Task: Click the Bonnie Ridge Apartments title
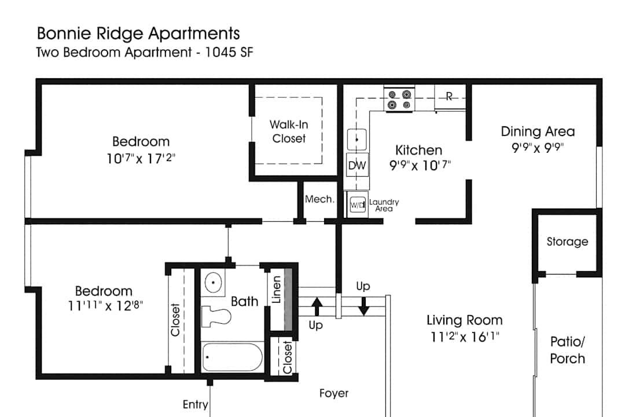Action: point(138,34)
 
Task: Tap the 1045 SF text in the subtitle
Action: point(229,52)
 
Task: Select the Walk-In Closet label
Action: point(289,131)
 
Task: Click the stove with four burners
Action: point(399,100)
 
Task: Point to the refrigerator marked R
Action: point(450,97)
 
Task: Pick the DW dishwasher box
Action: point(357,165)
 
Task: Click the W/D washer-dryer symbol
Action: point(358,205)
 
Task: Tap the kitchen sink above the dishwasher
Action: point(356,140)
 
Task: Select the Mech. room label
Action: point(319,199)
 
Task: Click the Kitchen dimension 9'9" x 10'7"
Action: point(420,165)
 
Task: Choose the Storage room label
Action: point(567,242)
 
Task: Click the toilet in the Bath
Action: point(216,316)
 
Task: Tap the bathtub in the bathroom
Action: point(232,357)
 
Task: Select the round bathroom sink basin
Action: point(213,283)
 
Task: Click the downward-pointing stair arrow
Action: point(363,306)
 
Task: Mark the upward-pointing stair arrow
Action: point(317,306)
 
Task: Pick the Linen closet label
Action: point(276,290)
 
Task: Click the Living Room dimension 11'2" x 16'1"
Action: point(464,337)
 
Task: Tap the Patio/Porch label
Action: point(567,350)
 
